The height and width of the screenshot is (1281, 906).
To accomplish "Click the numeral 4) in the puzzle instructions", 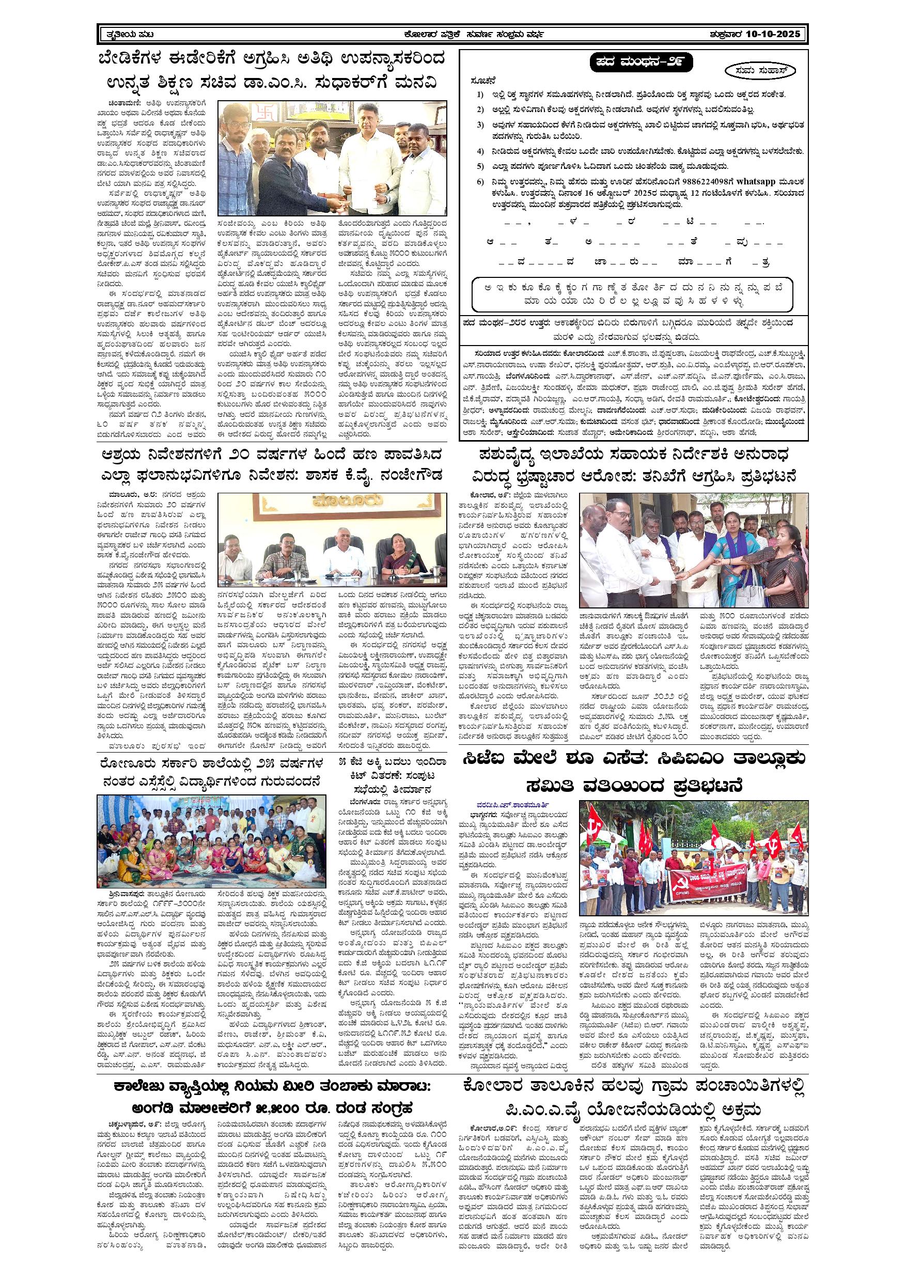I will coord(480,151).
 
